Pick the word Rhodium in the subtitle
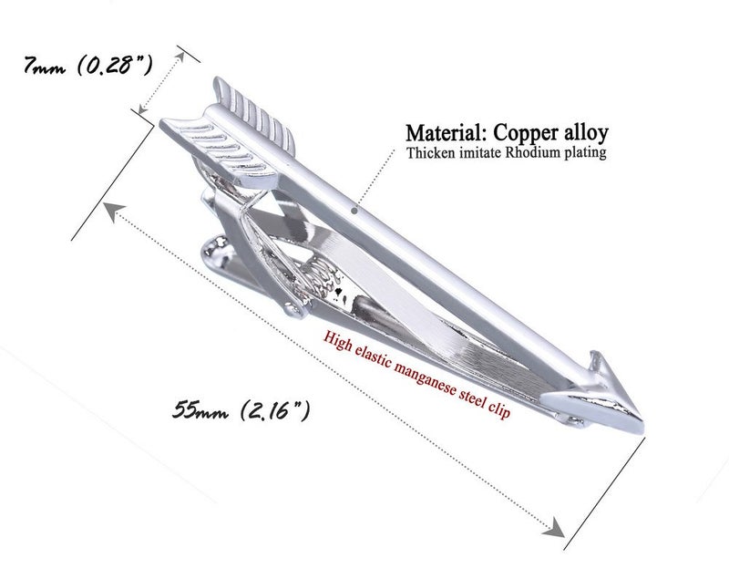click(533, 152)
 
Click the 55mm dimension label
click(200, 410)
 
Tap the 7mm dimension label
click(44, 65)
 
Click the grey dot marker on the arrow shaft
click(354, 211)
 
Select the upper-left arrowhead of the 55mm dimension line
click(113, 212)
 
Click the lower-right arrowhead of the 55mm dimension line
click(554, 528)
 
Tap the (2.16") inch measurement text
click(275, 410)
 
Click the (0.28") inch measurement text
click(115, 65)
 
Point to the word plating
click(586, 153)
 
